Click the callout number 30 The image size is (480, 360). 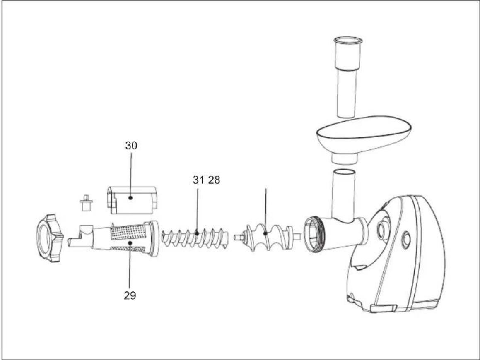pos(131,146)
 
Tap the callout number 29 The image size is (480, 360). pos(130,295)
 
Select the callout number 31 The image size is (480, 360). pos(198,180)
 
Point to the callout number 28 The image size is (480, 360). pos(214,180)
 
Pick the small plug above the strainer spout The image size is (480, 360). pos(86,202)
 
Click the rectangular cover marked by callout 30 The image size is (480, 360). pos(132,200)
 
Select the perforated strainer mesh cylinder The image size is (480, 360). pos(127,239)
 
